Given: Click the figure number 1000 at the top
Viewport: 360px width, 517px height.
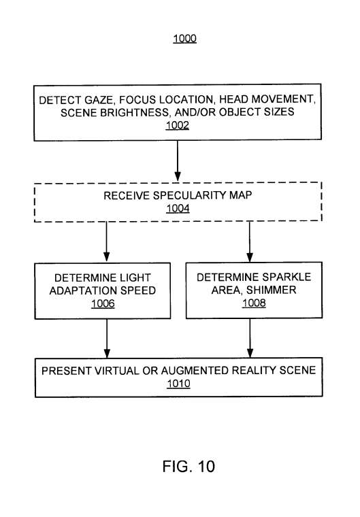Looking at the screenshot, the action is pyautogui.click(x=185, y=39).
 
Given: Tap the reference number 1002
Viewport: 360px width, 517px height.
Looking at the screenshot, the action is pyautogui.click(x=178, y=125).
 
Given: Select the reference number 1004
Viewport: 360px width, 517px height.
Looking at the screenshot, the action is pyautogui.click(x=178, y=208).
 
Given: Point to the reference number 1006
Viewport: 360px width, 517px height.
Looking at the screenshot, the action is pyautogui.click(x=103, y=303).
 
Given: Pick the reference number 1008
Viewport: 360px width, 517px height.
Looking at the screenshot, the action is pyautogui.click(x=254, y=303).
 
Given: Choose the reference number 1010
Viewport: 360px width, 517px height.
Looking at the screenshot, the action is pyautogui.click(x=178, y=384).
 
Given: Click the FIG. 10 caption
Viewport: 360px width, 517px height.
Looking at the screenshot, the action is pyautogui.click(x=189, y=466).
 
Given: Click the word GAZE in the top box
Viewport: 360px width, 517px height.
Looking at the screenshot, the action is pyautogui.click(x=99, y=99).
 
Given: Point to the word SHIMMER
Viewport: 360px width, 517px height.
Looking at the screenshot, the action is pyautogui.click(x=272, y=290).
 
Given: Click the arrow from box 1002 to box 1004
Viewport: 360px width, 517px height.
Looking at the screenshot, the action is pyautogui.click(x=178, y=161).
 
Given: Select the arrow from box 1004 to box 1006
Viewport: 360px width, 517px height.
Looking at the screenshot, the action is pyautogui.click(x=107, y=241).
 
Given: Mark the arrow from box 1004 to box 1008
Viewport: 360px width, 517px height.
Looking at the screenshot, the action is pyautogui.click(x=250, y=241).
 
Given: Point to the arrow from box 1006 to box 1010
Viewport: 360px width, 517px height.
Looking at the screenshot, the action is pyautogui.click(x=107, y=338).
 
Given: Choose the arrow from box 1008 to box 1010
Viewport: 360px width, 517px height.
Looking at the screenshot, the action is pyautogui.click(x=250, y=338).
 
